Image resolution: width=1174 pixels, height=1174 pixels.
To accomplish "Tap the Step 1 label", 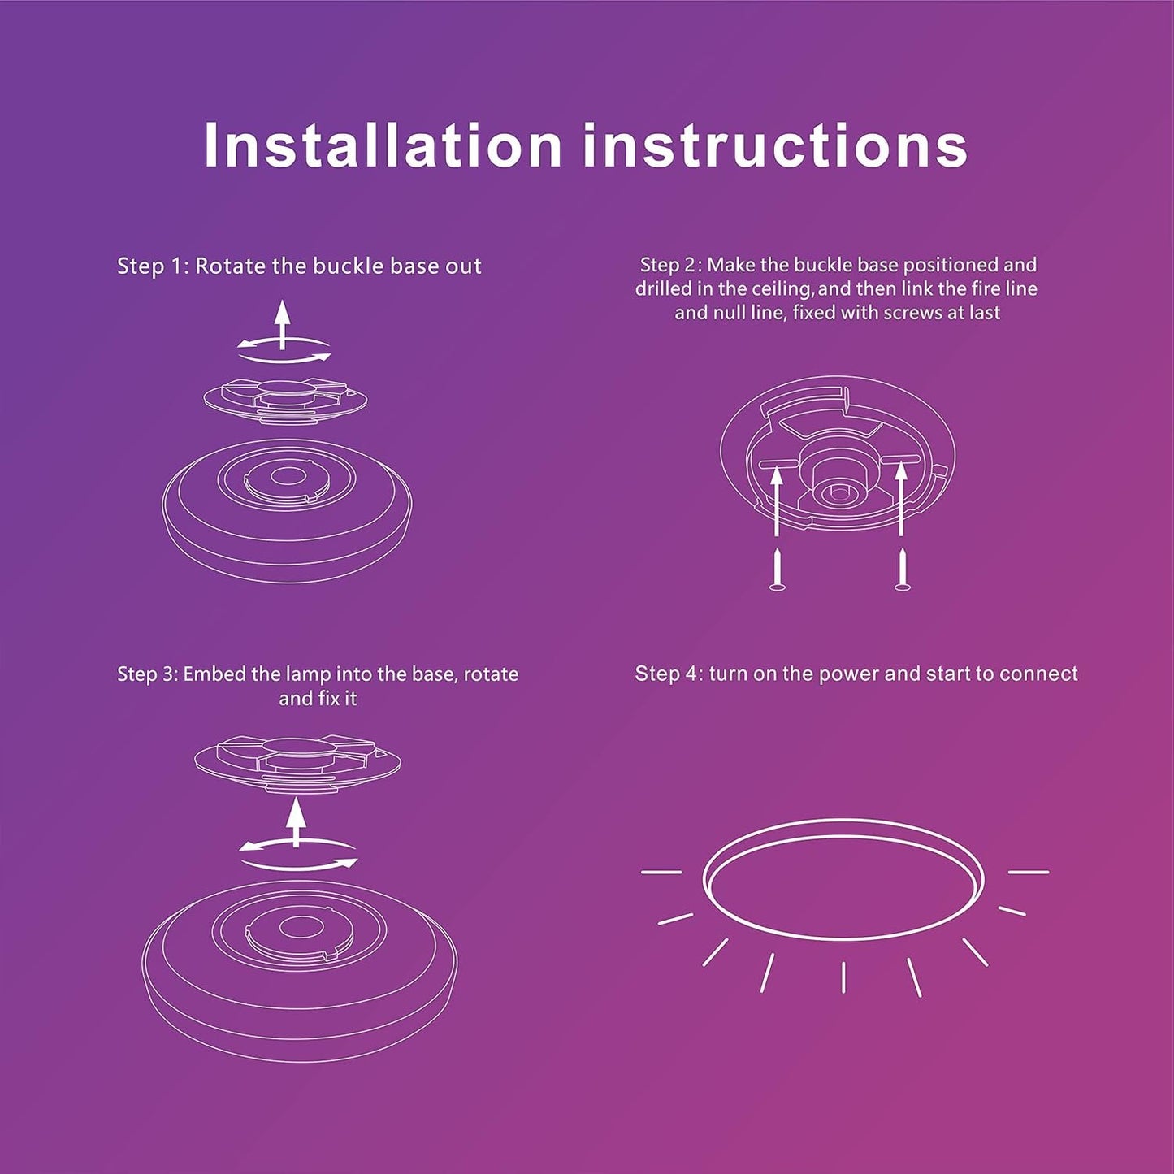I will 152,266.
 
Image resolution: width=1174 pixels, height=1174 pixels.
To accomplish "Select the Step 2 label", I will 671,265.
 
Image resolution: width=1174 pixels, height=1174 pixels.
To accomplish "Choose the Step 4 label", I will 668,674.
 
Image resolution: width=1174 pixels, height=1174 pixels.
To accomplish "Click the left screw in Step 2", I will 778,569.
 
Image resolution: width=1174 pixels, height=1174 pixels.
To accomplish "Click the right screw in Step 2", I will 901,568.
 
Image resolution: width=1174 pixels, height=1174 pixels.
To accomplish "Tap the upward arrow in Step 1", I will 282,323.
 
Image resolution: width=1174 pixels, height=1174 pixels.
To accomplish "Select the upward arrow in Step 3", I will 296,821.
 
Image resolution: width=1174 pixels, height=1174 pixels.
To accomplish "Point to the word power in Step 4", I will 846,674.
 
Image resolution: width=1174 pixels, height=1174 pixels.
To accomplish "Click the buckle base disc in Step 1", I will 285,398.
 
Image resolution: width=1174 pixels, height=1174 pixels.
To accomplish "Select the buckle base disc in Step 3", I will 297,760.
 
